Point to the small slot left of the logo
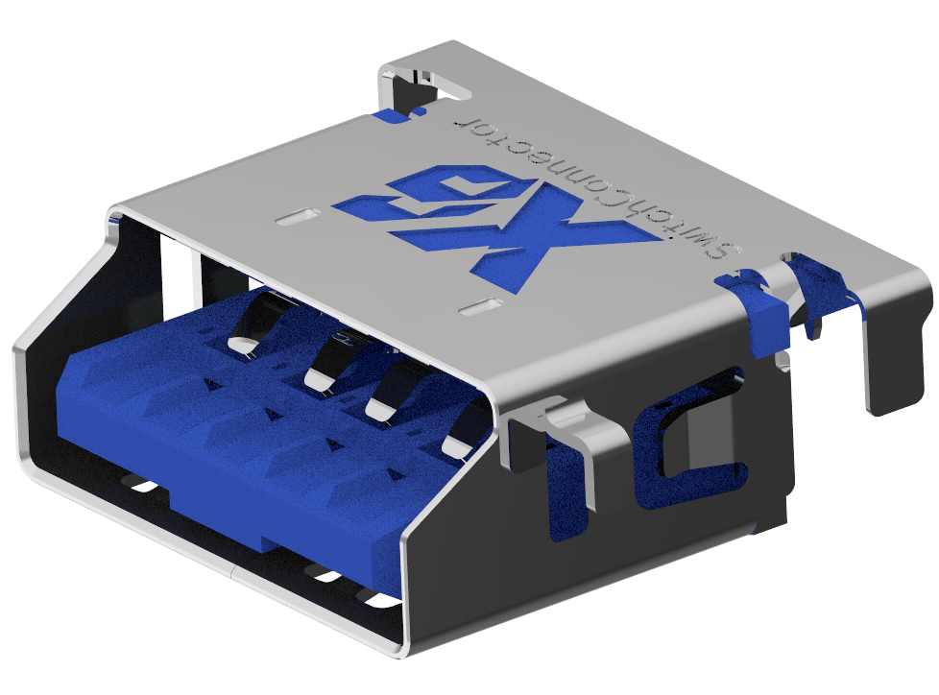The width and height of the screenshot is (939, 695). coord(299,216)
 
